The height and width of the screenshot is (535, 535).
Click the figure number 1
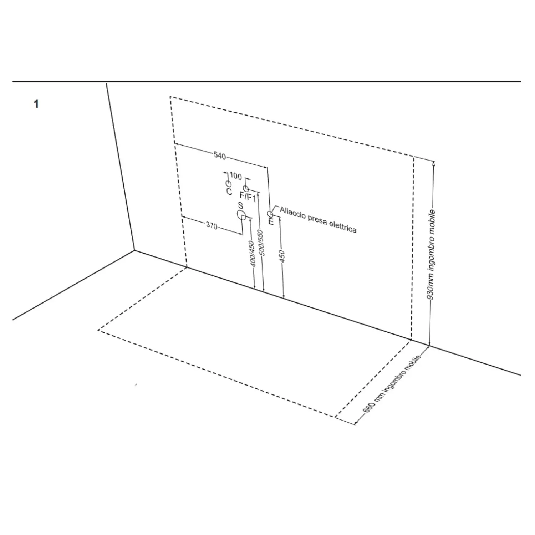pyautogui.click(x=36, y=104)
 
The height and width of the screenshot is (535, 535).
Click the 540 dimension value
pyautogui.click(x=220, y=156)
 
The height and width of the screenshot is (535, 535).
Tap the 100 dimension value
pyautogui.click(x=235, y=176)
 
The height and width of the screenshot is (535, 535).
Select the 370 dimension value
pyautogui.click(x=212, y=225)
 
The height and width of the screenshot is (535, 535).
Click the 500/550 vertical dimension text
pyautogui.click(x=261, y=243)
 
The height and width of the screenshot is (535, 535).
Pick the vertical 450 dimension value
pyautogui.click(x=282, y=256)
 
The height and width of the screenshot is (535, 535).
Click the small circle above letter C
pyautogui.click(x=228, y=184)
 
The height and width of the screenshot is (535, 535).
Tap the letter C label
pyautogui.click(x=229, y=192)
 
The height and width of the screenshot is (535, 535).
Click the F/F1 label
pyautogui.click(x=248, y=197)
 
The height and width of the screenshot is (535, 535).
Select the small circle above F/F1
pyautogui.click(x=246, y=188)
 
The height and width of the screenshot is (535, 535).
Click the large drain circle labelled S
pyautogui.click(x=241, y=215)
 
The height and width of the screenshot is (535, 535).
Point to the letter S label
pyautogui.click(x=241, y=206)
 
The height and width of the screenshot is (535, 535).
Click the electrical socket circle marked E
pyautogui.click(x=270, y=214)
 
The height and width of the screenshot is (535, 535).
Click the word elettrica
pyautogui.click(x=343, y=226)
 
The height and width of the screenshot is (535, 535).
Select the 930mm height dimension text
pyautogui.click(x=432, y=255)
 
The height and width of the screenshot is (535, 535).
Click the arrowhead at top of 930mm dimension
pyautogui.click(x=434, y=164)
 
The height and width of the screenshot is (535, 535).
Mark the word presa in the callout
pyautogui.click(x=315, y=219)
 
